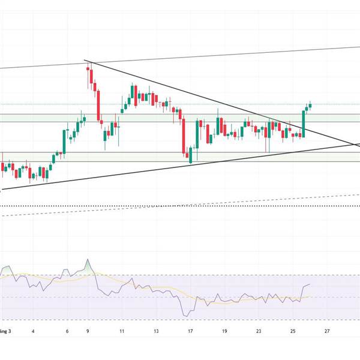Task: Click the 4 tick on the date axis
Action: pyautogui.click(x=34, y=331)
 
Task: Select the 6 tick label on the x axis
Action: pyautogui.click(x=67, y=331)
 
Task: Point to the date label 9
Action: pyautogui.click(x=88, y=331)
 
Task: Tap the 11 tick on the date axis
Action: pyautogui.click(x=122, y=331)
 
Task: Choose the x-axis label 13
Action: pyautogui.click(x=156, y=331)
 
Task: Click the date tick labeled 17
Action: pyautogui.click(x=190, y=331)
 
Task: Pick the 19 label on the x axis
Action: pyautogui.click(x=224, y=331)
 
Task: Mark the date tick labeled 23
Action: pyautogui.click(x=258, y=331)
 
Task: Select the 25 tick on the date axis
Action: pyautogui.click(x=292, y=331)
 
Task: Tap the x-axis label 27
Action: pyautogui.click(x=326, y=331)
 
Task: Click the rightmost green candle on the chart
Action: pyautogui.click(x=311, y=105)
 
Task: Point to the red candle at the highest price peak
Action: pyautogui.click(x=89, y=74)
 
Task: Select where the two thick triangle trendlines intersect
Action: pyautogui.click(x=353, y=145)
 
